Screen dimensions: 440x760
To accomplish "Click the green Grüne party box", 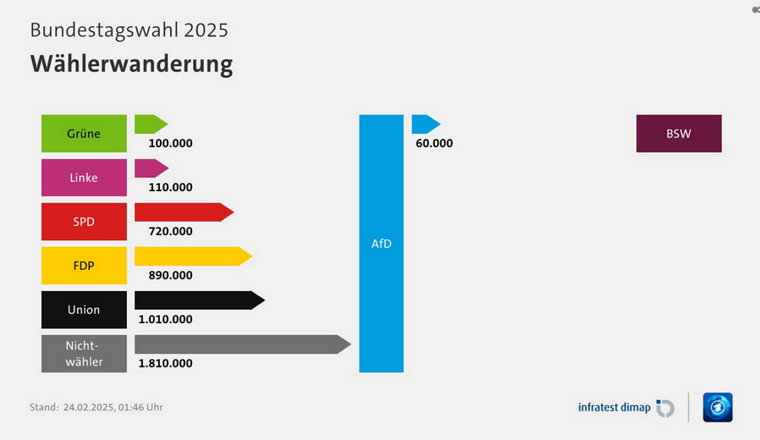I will [84, 134].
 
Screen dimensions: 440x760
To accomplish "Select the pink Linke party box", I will [84, 178].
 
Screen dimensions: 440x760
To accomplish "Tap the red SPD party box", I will [84, 222].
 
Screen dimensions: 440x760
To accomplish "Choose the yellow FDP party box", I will [84, 266].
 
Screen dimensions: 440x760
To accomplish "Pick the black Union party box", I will [84, 310].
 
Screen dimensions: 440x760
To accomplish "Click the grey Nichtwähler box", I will [84, 354].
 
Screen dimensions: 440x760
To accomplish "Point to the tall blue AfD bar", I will [382, 244].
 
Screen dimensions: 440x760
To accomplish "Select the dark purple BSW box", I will [679, 134].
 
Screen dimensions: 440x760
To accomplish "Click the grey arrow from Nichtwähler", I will [241, 344].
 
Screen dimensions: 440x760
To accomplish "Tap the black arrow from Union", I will [199, 300].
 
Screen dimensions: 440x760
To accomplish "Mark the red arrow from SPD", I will [183, 212].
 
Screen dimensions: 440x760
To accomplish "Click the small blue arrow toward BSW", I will [426, 124].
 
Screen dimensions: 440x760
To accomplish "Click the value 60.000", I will [434, 143].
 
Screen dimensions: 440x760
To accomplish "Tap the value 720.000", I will [170, 231].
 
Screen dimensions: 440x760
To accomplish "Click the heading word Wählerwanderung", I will [131, 64].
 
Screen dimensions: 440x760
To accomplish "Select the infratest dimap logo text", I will [614, 408].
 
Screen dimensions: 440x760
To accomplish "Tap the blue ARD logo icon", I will [718, 407].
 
